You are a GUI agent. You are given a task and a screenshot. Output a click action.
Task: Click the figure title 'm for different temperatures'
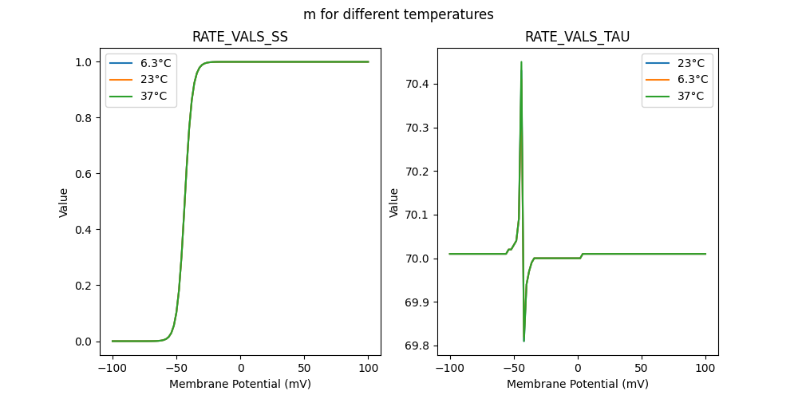[x=398, y=14]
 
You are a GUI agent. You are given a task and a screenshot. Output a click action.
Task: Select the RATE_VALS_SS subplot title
[x=240, y=38]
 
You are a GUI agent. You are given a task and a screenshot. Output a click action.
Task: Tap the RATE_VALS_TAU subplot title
[x=578, y=38]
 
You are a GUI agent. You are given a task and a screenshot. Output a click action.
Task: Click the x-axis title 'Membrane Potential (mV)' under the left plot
[x=240, y=384]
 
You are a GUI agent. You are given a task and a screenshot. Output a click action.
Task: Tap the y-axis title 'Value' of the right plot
[x=394, y=202]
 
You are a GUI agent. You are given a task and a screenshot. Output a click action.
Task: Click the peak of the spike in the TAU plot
[x=521, y=62]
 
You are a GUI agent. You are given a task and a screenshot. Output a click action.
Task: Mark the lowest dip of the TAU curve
[x=523, y=341]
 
